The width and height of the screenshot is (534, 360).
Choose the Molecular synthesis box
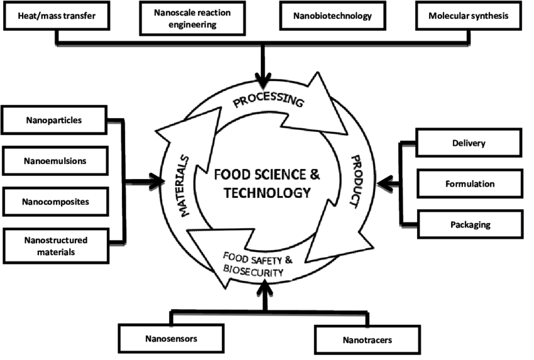point(469,16)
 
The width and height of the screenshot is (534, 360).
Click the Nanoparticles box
point(55,119)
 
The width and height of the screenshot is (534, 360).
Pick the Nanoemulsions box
point(55,161)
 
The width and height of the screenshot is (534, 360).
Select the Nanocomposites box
point(55,202)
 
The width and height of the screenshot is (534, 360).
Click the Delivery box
point(469,143)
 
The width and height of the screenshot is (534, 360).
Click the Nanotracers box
point(367,340)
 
